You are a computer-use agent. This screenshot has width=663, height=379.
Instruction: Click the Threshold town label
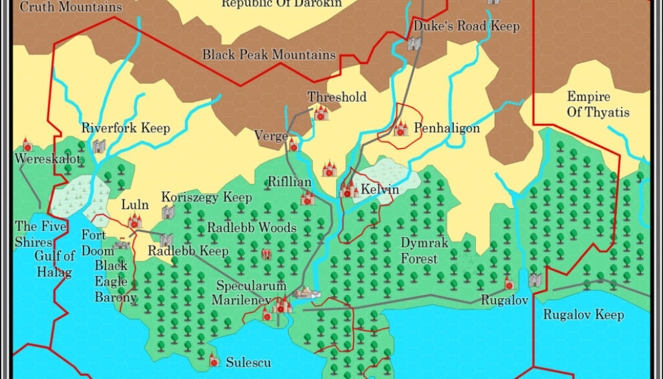pos(337,97)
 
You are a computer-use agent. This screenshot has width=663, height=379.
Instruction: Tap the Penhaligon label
pos(447,128)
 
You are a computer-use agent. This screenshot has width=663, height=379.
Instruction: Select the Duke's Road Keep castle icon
pos(414,43)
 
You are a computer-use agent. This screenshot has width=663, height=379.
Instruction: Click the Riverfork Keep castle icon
pos(98,146)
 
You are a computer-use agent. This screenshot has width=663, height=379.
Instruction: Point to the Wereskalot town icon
pos(27,144)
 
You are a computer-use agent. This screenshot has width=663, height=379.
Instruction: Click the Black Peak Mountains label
pos(269,55)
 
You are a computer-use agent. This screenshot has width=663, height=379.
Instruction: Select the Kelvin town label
pos(379,190)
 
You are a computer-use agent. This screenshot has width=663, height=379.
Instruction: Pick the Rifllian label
pos(289,182)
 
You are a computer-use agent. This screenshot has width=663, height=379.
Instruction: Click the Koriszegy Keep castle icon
pos(168,212)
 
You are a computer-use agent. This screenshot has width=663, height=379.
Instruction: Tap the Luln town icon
pos(135,221)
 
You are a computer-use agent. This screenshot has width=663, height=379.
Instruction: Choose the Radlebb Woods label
pos(251,228)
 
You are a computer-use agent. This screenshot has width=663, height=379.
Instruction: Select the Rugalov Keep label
pos(583,315)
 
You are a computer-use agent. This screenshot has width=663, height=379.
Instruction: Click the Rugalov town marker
pos(508,283)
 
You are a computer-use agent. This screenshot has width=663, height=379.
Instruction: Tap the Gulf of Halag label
pos(54,264)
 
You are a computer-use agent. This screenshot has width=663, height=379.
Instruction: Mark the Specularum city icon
pos(282,303)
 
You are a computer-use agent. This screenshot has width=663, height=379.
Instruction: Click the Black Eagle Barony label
pos(115,281)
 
